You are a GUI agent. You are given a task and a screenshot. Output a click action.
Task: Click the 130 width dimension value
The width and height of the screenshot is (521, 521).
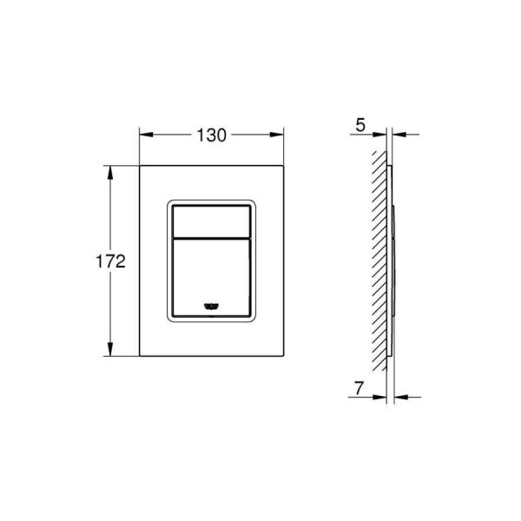tap(212, 135)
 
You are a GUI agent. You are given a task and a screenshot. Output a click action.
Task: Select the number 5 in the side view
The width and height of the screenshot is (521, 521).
tap(359, 124)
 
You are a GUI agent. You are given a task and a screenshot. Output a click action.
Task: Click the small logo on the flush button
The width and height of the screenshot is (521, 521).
tap(212, 305)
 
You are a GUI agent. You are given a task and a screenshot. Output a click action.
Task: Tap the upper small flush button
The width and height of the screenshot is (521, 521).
tap(212, 222)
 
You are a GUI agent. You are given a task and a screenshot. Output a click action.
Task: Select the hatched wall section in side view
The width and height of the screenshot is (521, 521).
tap(378, 260)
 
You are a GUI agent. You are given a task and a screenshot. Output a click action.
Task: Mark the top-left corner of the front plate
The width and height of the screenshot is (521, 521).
tap(140, 165)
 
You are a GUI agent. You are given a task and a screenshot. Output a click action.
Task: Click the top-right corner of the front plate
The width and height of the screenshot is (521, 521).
tap(284, 165)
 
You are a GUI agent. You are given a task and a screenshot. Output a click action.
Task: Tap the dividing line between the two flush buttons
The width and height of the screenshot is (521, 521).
tap(212, 238)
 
